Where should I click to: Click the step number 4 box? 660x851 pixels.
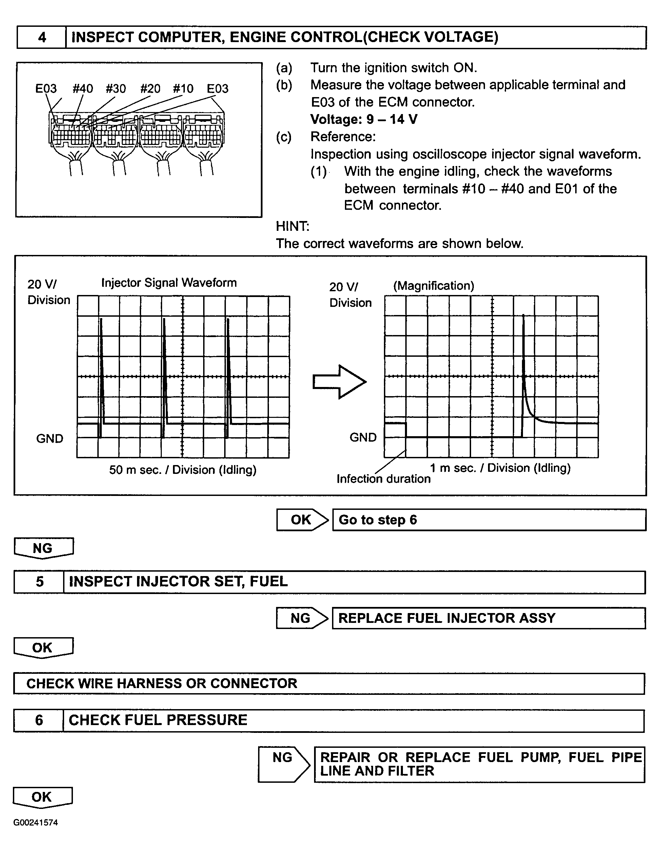point(42,37)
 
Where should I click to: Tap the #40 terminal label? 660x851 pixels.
point(82,89)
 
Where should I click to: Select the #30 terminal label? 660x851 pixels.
point(116,89)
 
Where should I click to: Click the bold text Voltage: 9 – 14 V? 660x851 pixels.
point(364,119)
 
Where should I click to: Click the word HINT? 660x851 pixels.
point(292,226)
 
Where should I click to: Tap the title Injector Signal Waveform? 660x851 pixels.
point(169,282)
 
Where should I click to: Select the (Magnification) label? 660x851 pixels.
point(433,285)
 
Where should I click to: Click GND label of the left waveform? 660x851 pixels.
point(50,439)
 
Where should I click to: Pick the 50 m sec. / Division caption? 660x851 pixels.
point(182,470)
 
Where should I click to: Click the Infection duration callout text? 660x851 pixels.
point(384,479)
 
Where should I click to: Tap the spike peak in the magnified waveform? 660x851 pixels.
point(523,316)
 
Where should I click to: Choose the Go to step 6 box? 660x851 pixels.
point(489,520)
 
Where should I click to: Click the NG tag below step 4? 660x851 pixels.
point(43,548)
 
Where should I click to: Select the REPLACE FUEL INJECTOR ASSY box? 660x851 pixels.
point(489,618)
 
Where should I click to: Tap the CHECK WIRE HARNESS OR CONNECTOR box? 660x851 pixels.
point(329,683)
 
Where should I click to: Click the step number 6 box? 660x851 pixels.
point(39,720)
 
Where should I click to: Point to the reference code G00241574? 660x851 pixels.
point(35,822)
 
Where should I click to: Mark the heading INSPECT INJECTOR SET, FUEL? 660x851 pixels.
point(178,582)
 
